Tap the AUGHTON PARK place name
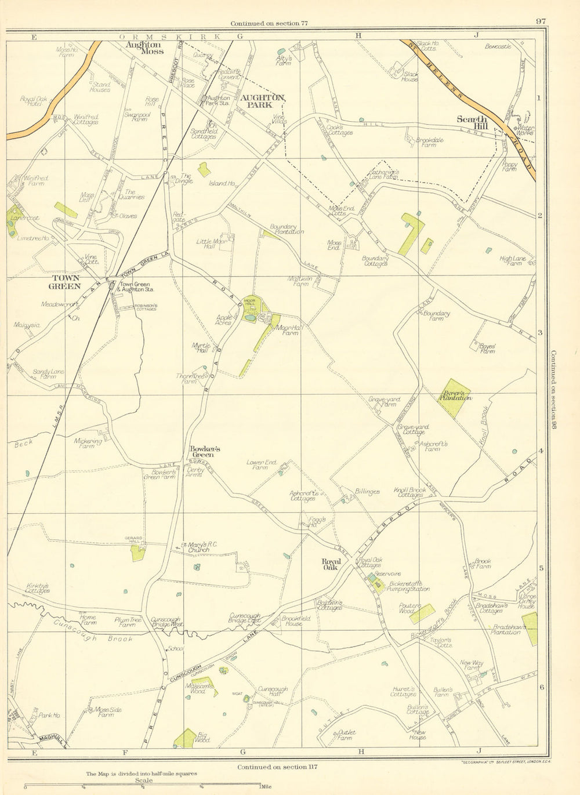point(266,102)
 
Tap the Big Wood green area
point(186,738)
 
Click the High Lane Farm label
point(509,260)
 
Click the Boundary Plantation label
point(287,230)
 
